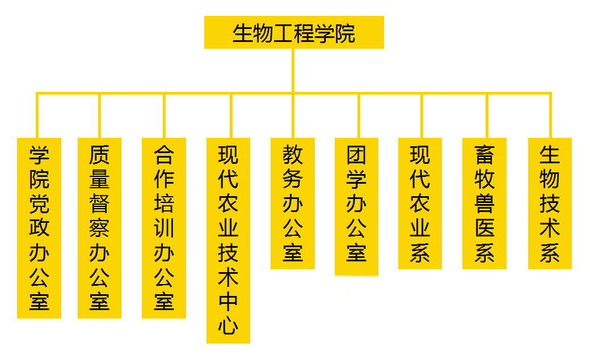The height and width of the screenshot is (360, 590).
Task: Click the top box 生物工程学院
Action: click(x=294, y=32)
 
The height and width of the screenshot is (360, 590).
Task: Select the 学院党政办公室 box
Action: click(x=39, y=227)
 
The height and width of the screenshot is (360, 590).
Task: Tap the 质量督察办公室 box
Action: click(x=99, y=227)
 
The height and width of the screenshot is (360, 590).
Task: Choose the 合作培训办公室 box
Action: click(x=164, y=227)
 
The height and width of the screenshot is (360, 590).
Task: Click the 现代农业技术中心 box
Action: click(x=228, y=240)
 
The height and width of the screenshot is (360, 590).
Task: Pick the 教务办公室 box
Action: click(x=293, y=203)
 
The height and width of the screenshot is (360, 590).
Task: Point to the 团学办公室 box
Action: click(x=357, y=206)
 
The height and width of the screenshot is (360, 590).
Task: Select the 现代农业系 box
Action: click(x=420, y=203)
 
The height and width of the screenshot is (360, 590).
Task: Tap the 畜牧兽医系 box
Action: click(x=484, y=203)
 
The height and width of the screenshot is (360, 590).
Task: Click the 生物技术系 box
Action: click(x=550, y=203)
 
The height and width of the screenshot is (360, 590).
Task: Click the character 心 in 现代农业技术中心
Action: click(x=228, y=325)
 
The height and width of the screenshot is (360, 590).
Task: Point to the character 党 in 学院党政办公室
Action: click(x=39, y=203)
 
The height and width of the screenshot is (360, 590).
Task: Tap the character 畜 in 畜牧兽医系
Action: click(x=484, y=154)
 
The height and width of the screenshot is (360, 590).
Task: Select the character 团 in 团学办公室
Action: click(x=357, y=154)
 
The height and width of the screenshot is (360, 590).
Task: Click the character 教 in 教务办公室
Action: click(x=293, y=154)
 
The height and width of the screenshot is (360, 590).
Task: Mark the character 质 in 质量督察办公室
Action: click(x=99, y=154)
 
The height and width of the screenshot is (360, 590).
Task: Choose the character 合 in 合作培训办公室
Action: click(x=164, y=154)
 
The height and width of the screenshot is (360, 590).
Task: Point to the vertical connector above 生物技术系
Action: click(x=550, y=115)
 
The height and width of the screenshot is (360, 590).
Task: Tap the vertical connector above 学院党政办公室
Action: click(x=37, y=115)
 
